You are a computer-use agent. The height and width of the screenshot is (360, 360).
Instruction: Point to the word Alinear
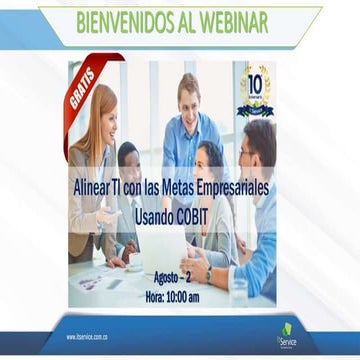[x=98, y=186]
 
